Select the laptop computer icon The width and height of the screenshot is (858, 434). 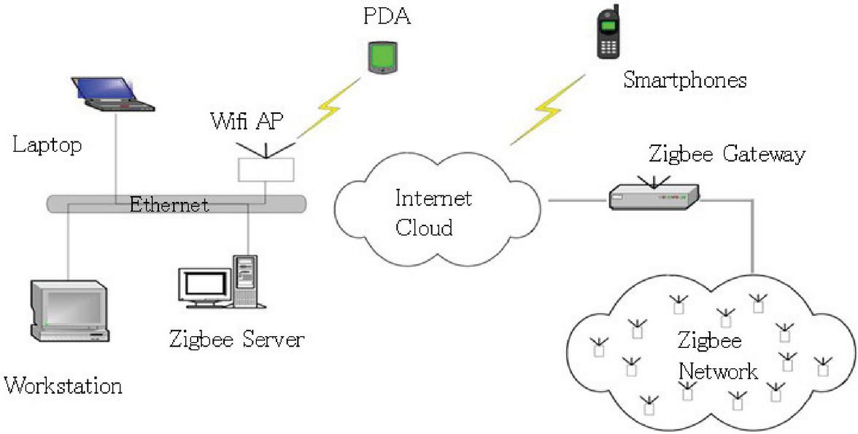click(112, 93)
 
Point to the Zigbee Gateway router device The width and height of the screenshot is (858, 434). click(654, 195)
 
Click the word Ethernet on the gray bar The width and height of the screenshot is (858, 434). click(169, 204)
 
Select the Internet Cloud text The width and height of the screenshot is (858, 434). click(433, 212)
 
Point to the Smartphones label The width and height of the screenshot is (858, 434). click(684, 80)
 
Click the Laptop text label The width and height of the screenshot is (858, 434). click(47, 144)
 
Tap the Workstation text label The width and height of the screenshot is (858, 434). click(63, 384)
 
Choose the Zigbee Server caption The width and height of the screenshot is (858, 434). click(236, 339)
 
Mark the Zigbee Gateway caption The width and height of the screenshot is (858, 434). click(727, 154)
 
